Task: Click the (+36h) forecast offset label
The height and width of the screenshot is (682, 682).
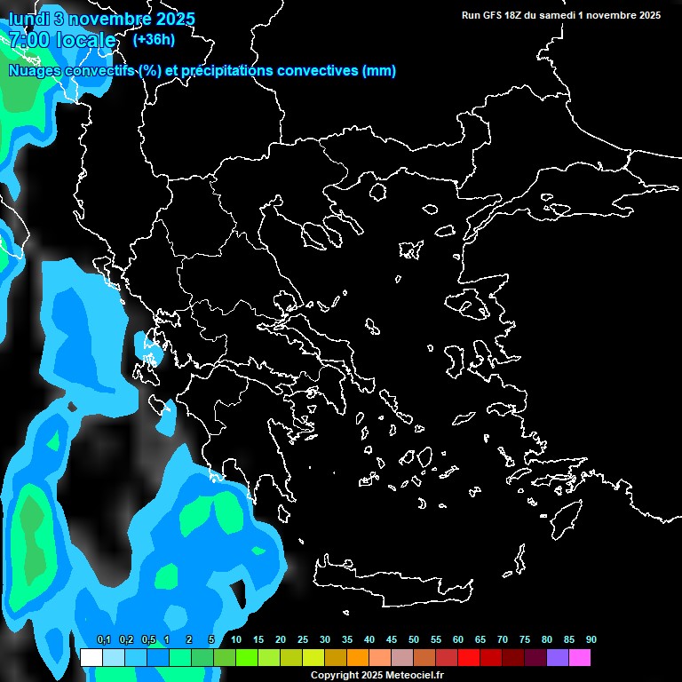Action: coord(154,39)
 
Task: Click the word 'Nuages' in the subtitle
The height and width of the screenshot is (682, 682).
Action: coord(35,71)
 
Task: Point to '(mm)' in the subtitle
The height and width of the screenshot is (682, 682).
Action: coord(379,71)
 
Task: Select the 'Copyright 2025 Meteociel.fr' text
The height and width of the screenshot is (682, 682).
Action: coord(377,675)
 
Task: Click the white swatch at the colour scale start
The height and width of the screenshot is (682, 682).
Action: coord(91,658)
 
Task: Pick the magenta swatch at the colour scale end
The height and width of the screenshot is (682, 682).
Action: coord(580,658)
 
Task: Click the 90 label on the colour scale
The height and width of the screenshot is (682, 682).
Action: coord(591,640)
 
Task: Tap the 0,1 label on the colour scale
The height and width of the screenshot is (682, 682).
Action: coord(103,640)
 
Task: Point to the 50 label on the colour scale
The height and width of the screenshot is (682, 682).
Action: coord(414,640)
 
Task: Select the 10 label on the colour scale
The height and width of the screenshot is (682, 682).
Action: coord(236,640)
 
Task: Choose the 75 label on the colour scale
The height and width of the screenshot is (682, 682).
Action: coord(525,640)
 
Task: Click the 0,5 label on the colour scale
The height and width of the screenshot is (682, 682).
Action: coord(148,640)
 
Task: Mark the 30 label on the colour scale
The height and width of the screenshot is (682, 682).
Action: coord(325,640)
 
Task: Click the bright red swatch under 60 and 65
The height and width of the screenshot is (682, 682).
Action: coord(469,658)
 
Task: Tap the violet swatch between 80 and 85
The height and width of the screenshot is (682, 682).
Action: coord(558,658)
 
